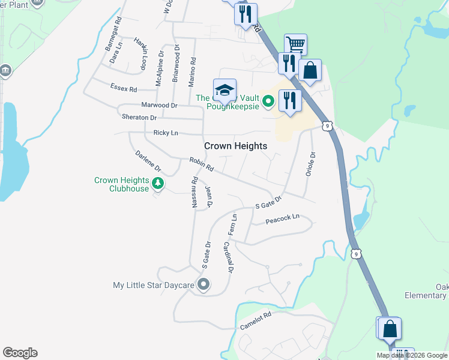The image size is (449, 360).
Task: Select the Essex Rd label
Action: [124, 88]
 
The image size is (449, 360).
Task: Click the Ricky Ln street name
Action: [166, 132]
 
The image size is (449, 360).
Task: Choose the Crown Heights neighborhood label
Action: [235, 146]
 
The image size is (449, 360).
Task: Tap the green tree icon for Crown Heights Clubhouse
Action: [157, 184]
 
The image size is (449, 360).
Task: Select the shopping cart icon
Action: [295, 45]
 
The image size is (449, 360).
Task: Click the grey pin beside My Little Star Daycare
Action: [203, 285]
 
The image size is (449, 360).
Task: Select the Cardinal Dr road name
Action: [228, 257]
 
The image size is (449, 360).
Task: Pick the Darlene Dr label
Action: [148, 161]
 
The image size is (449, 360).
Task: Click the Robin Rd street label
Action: [201, 164]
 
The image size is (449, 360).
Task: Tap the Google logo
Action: [20, 353]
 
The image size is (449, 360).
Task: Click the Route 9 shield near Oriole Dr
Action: [327, 125]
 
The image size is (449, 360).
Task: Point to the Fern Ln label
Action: [231, 225]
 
